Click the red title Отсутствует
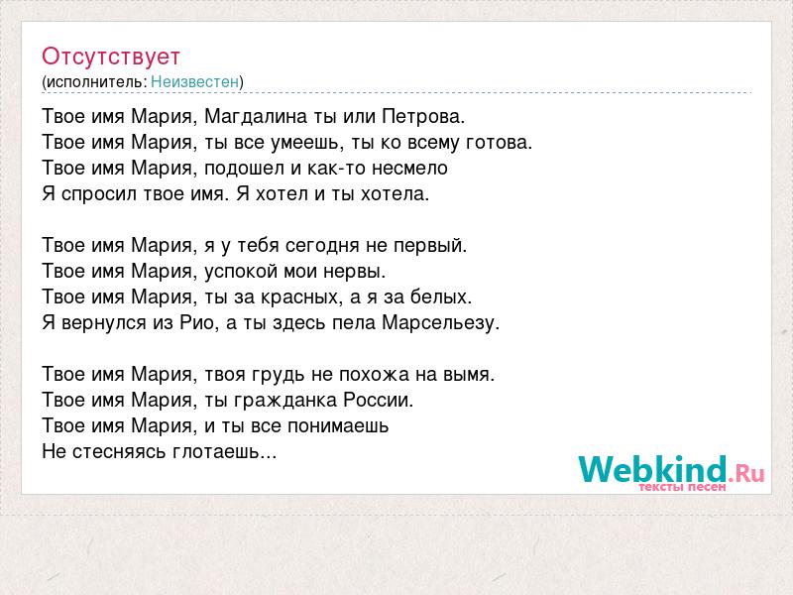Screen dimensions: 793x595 (x=111, y=57)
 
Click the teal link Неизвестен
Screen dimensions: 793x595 (x=194, y=81)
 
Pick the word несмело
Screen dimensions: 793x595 (x=409, y=168)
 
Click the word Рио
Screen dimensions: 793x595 (x=197, y=323)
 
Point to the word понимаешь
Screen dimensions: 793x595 (x=338, y=426)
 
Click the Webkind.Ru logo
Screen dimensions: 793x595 (x=671, y=473)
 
